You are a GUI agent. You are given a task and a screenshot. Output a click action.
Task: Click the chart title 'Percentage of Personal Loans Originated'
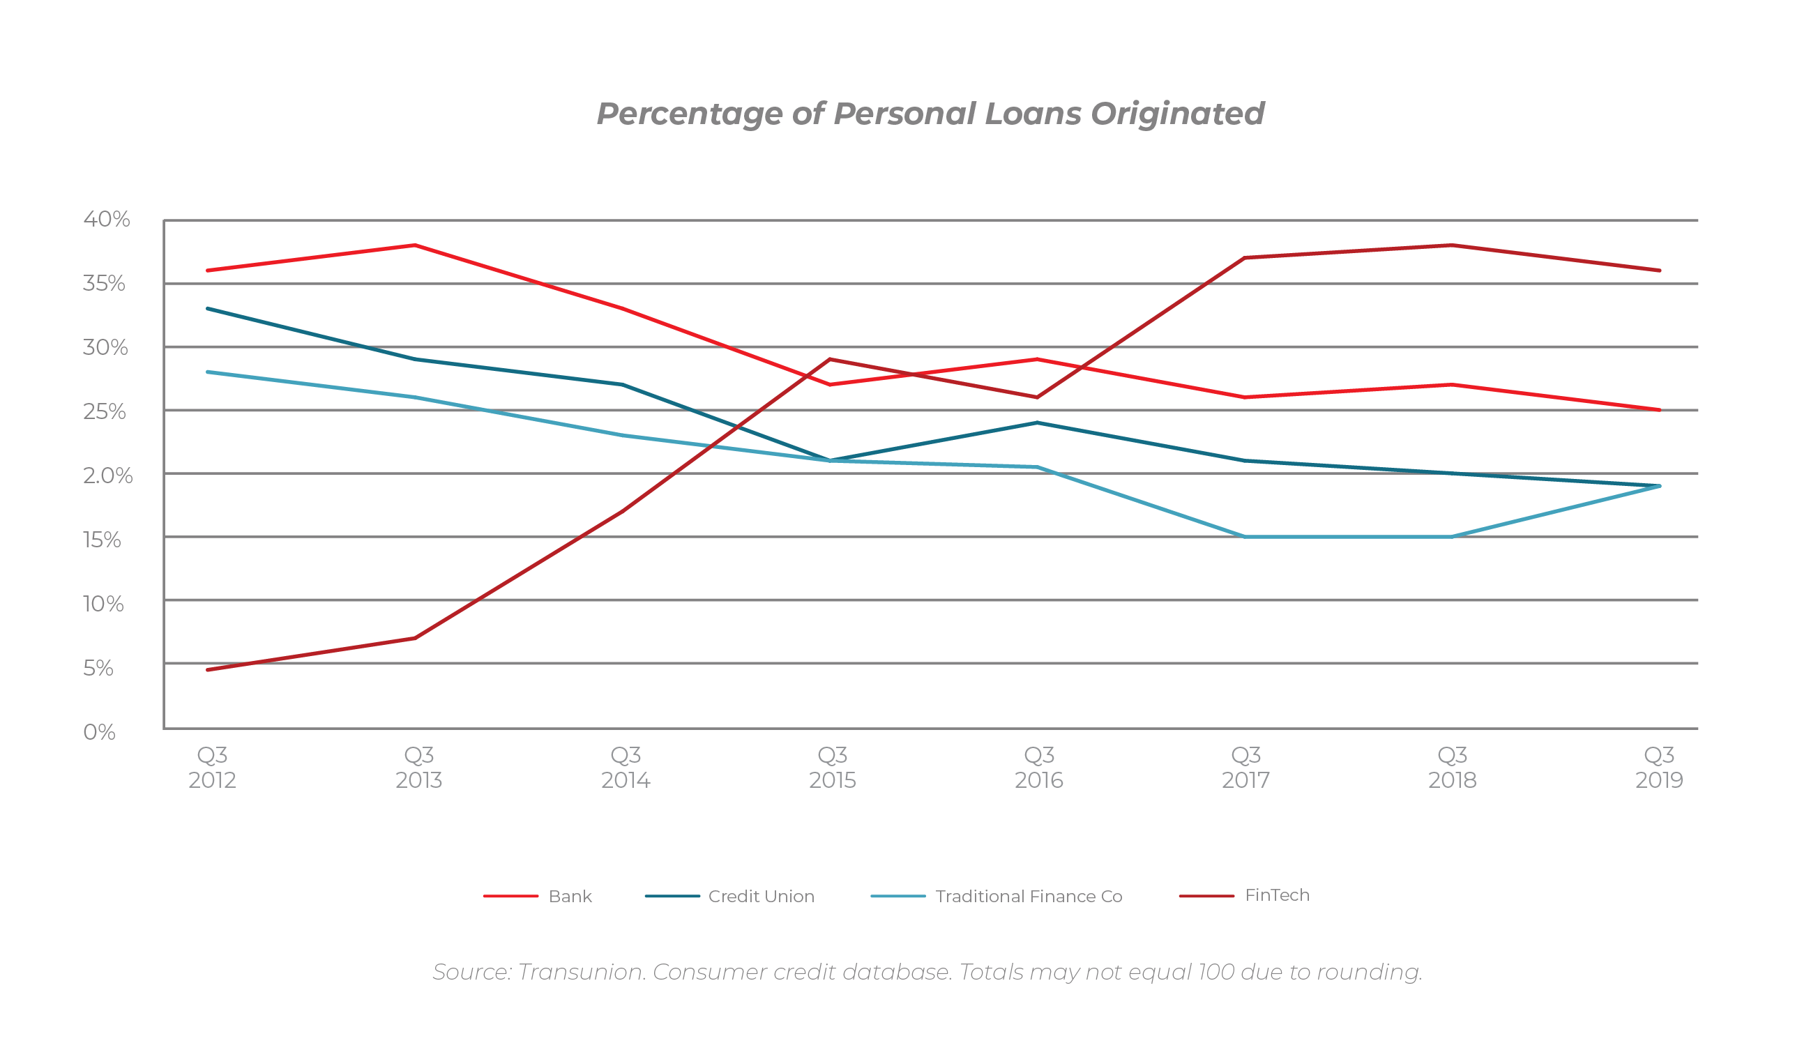point(930,114)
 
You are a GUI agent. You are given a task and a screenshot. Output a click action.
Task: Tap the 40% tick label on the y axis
point(107,219)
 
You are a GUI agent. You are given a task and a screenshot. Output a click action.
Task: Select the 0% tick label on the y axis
point(99,731)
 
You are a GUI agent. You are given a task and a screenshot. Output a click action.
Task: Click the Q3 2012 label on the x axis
point(212,767)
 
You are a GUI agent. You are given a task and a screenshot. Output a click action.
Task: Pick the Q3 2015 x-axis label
point(832,767)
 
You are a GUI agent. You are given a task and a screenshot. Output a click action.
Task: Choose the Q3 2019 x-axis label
point(1659,767)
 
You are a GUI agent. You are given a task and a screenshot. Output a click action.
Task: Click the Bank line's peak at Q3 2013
point(415,245)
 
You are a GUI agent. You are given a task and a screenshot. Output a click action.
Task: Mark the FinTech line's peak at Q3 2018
point(1452,245)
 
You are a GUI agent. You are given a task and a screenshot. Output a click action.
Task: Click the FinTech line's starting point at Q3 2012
point(207,669)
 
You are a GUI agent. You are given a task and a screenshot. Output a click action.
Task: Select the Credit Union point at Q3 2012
point(207,308)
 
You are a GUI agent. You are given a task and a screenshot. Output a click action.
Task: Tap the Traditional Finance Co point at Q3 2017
point(1244,536)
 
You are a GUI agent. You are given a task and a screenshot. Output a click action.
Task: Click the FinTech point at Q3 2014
point(623,511)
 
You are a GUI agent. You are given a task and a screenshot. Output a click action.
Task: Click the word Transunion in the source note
point(580,972)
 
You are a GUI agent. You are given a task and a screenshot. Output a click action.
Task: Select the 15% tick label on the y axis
point(102,539)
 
